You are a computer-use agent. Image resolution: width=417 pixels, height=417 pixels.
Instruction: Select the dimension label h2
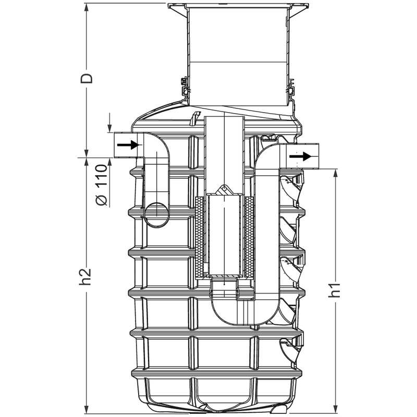(86, 276)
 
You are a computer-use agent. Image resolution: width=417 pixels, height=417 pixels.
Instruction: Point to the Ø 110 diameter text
(102, 185)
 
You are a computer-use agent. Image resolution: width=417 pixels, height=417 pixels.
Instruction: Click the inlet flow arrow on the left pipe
(128, 145)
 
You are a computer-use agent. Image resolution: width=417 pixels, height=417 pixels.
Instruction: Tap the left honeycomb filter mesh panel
(200, 237)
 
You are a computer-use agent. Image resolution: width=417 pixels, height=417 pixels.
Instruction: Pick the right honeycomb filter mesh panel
(249, 237)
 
